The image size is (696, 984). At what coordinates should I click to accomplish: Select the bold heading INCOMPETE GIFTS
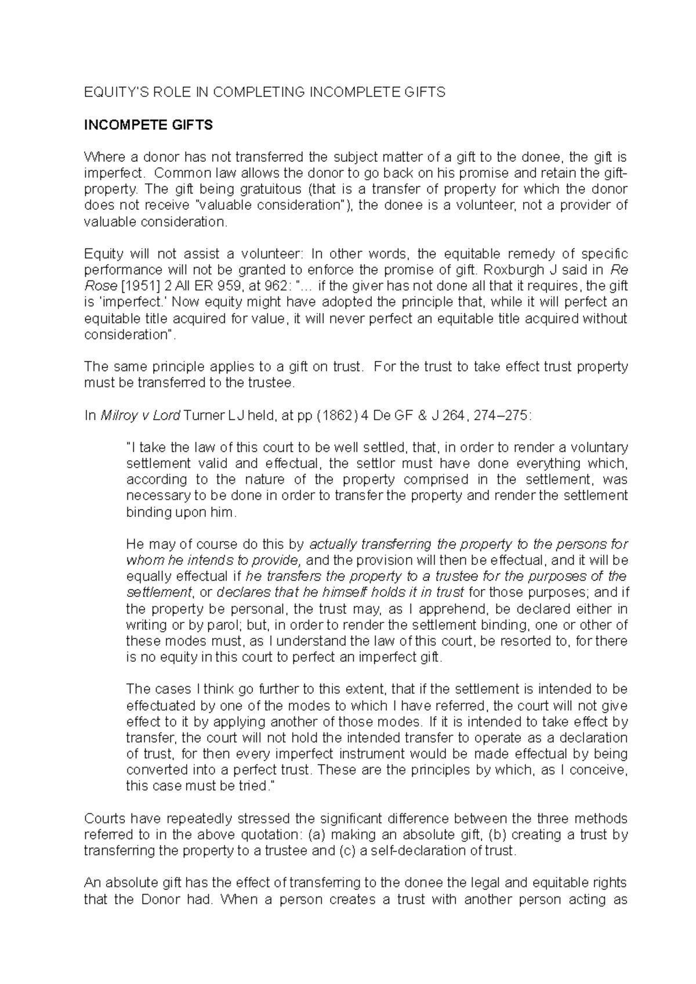pos(148,125)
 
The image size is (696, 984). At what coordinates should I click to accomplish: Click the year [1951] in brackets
pos(135,286)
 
